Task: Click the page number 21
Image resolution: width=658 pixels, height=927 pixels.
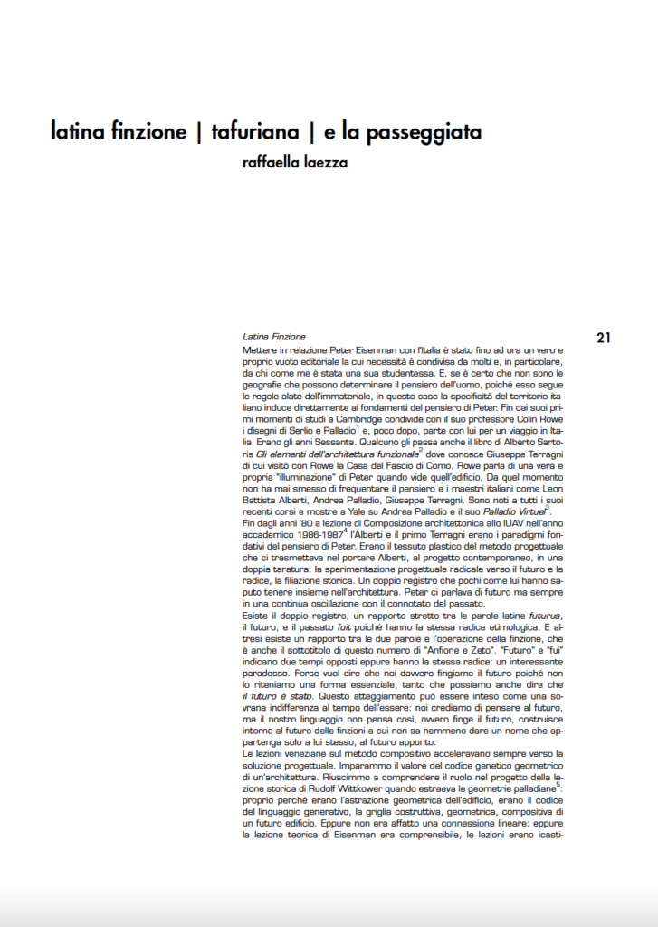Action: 604,338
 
